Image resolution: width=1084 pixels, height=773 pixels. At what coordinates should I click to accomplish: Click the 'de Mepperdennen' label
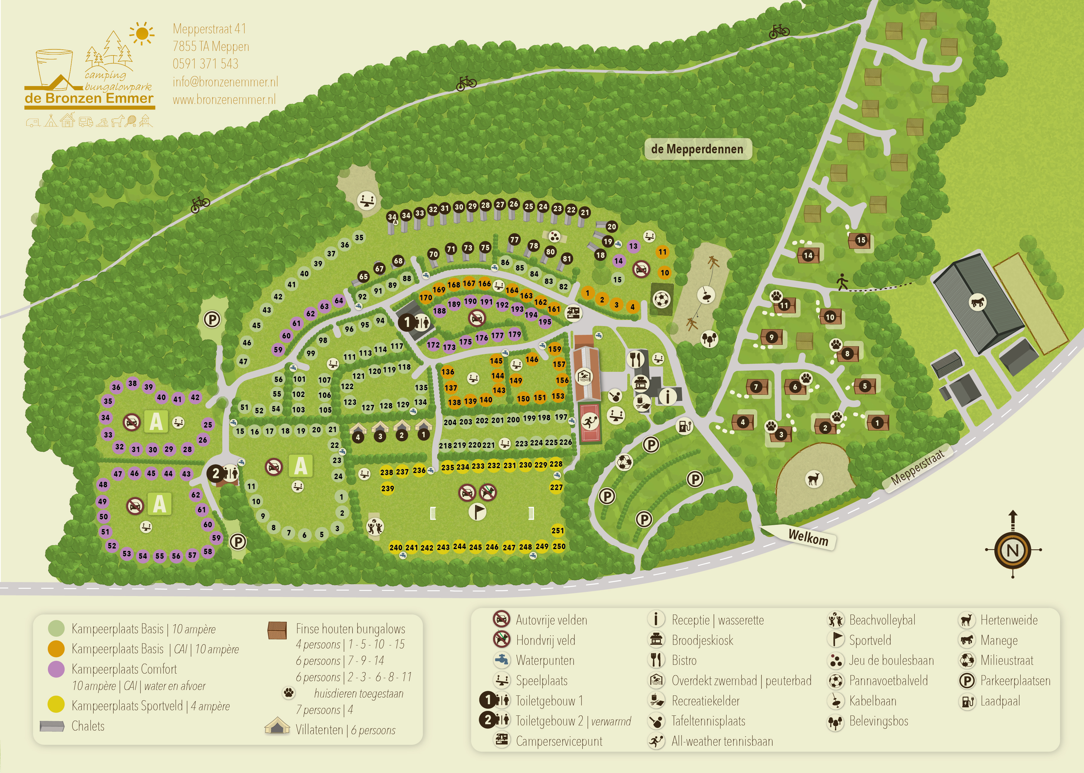click(697, 149)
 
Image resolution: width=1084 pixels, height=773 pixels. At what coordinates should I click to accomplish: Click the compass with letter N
click(1013, 550)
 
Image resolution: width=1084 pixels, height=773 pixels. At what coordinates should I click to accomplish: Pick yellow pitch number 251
click(558, 530)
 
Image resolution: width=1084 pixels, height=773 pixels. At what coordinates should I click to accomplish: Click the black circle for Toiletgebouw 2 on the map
click(215, 473)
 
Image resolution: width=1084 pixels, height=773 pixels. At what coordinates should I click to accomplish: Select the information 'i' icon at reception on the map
click(668, 395)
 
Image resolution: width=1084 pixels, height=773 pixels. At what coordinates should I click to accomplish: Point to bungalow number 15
click(861, 240)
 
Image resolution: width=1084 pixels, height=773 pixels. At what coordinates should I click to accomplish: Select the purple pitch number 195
click(545, 322)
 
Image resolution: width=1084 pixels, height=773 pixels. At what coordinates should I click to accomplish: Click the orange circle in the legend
click(56, 648)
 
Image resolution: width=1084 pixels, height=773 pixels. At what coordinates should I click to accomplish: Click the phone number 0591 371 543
click(205, 64)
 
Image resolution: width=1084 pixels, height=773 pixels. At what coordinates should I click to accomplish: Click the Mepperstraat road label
click(917, 468)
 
